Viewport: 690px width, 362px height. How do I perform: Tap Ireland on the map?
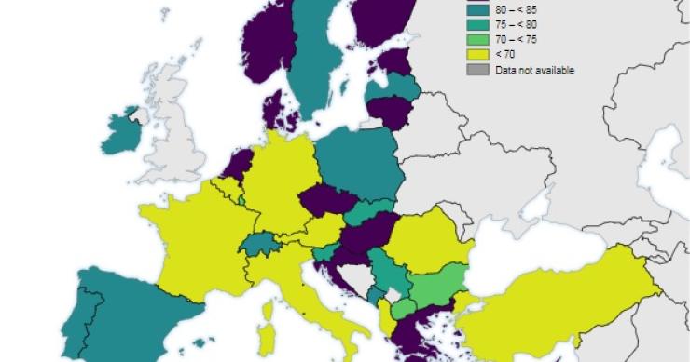click(122, 135)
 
